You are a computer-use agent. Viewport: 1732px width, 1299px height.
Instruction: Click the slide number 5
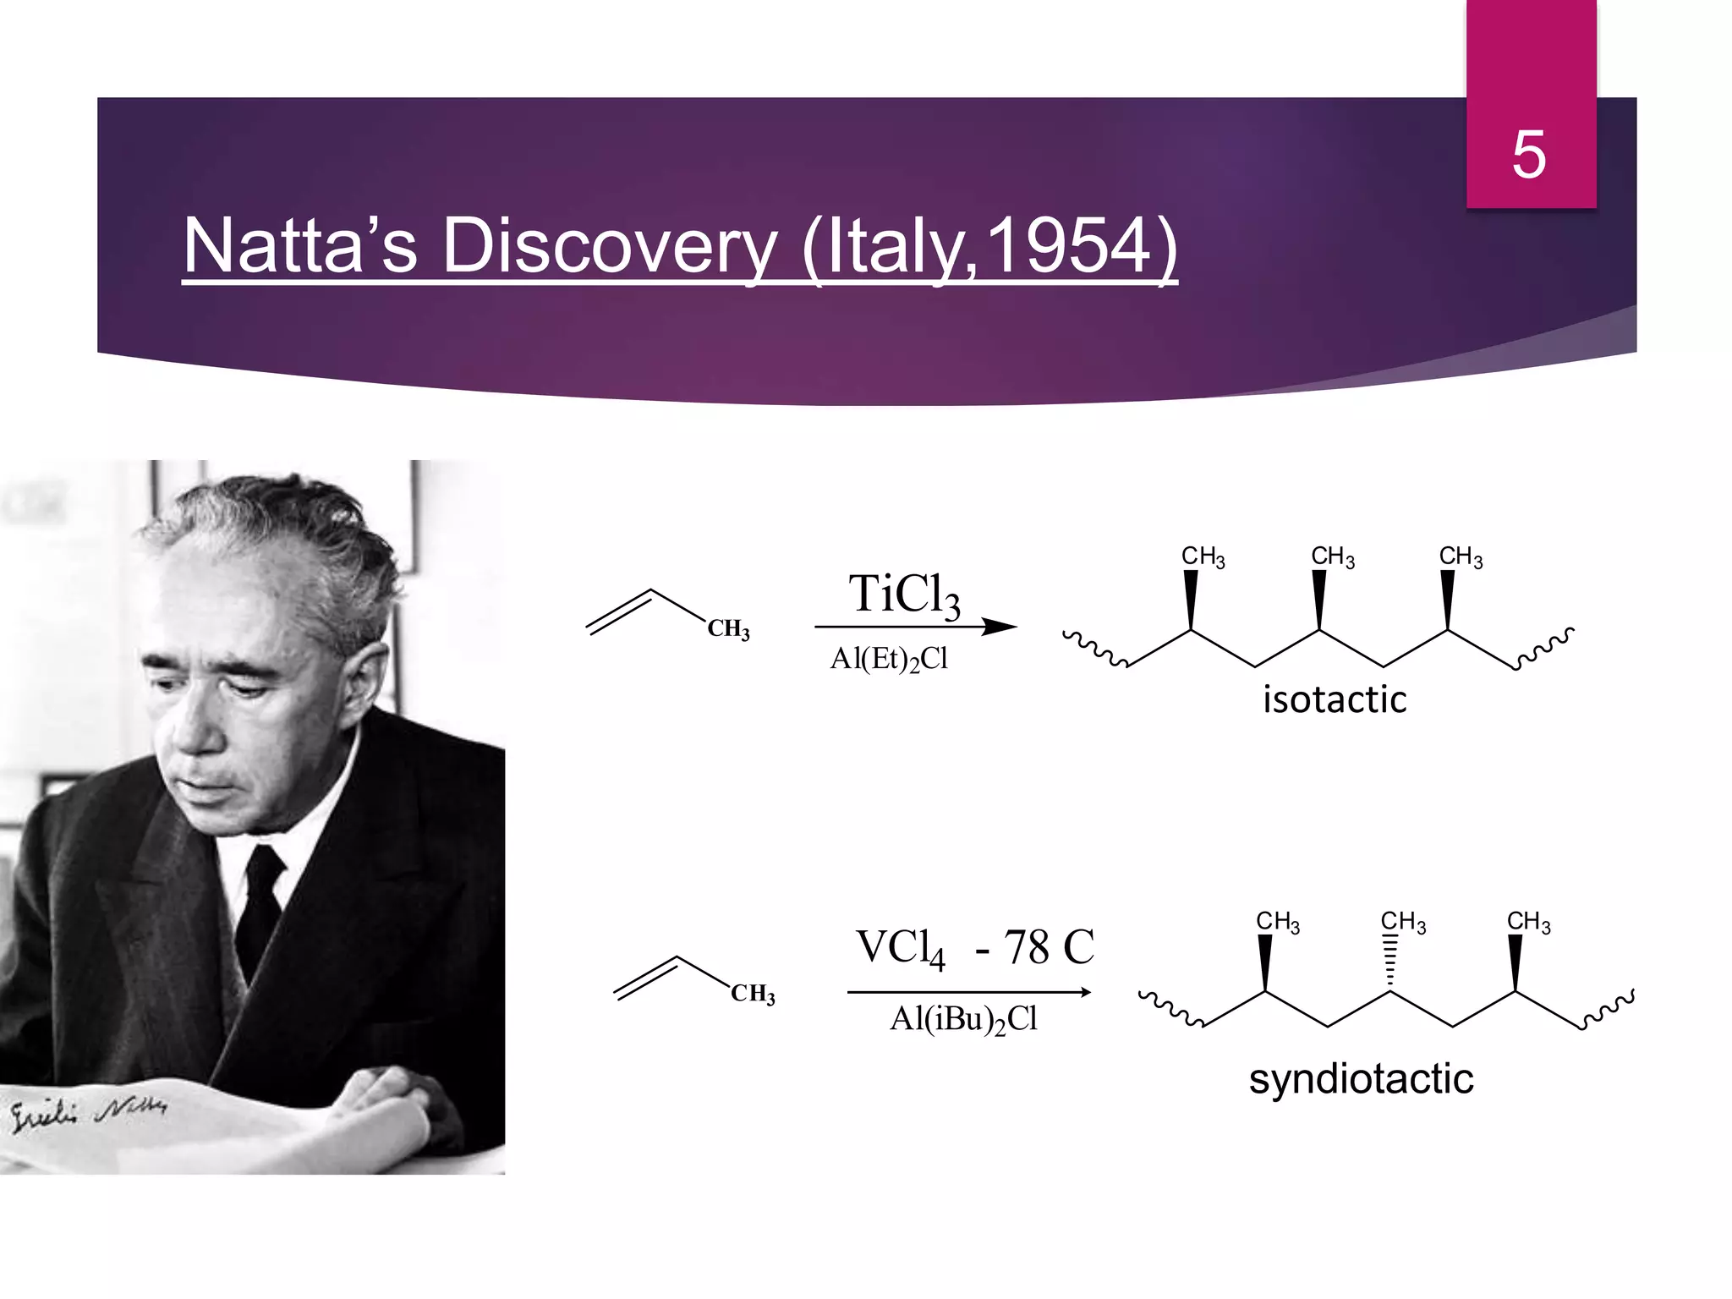point(1529,155)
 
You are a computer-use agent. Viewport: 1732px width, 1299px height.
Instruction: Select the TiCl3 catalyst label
point(904,595)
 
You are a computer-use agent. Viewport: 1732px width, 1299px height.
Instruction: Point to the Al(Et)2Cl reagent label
point(889,659)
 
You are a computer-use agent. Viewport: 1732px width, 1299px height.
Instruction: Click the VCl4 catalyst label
point(900,947)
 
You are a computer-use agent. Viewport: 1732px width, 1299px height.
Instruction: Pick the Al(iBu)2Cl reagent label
point(963,1019)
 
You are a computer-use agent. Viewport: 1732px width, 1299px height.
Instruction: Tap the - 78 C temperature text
point(1034,947)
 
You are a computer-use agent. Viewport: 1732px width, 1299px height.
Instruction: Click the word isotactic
point(1335,699)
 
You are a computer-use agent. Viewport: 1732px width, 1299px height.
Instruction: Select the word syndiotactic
point(1361,1079)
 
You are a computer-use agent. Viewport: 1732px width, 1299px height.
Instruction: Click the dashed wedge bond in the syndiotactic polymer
point(1389,963)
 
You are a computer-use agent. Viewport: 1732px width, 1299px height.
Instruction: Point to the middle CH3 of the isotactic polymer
point(1332,557)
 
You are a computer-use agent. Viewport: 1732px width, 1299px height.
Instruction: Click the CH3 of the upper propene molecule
point(728,629)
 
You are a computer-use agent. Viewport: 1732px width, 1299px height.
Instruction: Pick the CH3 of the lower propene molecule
point(753,994)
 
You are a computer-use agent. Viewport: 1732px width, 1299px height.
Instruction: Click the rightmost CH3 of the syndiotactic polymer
point(1528,922)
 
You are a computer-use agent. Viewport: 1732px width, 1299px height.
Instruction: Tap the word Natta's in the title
point(300,246)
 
